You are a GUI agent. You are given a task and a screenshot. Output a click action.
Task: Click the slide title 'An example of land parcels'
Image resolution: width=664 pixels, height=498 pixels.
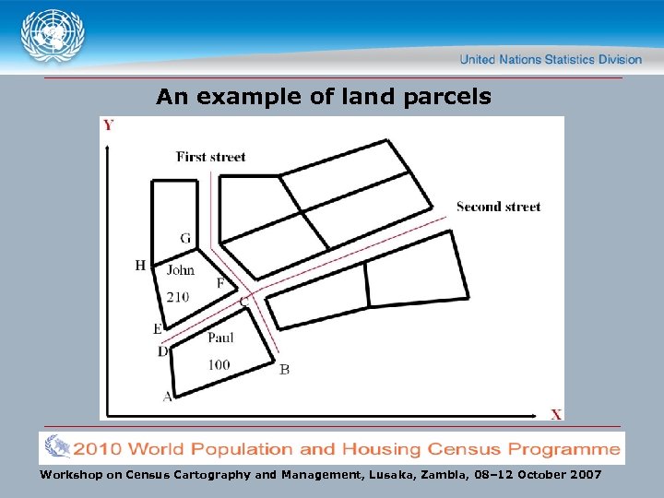point(324,96)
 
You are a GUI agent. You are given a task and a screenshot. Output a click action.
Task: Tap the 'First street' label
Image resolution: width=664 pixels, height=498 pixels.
point(210,157)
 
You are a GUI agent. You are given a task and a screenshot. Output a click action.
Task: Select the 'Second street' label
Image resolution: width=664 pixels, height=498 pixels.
point(498,207)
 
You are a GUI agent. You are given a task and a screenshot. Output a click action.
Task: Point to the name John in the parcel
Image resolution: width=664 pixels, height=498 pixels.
point(181,270)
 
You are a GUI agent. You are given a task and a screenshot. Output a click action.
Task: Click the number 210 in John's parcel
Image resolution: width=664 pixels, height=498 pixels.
point(178,297)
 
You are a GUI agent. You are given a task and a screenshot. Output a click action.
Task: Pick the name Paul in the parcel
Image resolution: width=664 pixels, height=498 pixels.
point(220,337)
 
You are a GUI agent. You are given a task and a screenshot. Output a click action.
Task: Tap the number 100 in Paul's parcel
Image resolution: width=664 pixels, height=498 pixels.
point(219,365)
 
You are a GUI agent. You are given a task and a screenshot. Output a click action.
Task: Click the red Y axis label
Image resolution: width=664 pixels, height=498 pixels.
point(109,125)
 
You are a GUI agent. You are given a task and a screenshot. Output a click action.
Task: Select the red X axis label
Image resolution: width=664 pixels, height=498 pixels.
point(556,415)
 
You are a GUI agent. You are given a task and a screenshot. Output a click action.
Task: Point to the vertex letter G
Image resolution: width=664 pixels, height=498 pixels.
point(185,239)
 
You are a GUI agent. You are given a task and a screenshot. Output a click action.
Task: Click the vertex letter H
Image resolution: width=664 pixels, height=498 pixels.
point(140,266)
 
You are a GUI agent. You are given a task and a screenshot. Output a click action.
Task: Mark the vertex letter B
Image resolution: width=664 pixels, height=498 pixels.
point(284,370)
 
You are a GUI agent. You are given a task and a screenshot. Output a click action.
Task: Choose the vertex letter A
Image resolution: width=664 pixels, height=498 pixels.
point(167,397)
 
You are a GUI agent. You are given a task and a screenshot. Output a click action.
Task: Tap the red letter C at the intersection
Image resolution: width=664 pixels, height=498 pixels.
point(244,301)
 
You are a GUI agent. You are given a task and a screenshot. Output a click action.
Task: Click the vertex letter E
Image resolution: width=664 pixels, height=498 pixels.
point(158,329)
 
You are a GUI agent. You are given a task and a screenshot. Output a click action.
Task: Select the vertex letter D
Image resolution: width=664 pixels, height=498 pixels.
point(162,351)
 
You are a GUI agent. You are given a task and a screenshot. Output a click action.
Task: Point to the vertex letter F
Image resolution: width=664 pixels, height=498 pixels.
point(219,283)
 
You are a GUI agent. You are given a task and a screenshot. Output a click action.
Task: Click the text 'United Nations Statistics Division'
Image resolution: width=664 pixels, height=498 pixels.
point(551,59)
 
